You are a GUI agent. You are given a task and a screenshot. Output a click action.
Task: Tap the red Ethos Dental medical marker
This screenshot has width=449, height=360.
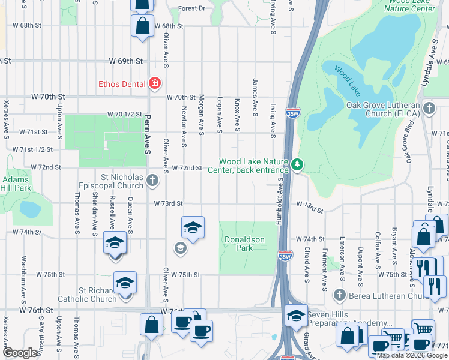coord(154,83)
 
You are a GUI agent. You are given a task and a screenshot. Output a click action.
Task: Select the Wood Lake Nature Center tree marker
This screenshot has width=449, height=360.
coord(296,164)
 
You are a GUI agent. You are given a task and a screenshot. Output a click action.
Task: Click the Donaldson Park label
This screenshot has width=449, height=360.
coord(244,244)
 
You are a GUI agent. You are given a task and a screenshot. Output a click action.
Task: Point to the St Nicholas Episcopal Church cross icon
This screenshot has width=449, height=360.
coord(152,180)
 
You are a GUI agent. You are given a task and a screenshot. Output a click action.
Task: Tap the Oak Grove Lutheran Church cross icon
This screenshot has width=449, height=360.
coord(429,109)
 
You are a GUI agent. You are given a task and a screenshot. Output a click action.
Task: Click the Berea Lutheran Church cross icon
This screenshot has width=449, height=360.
coord(340,295)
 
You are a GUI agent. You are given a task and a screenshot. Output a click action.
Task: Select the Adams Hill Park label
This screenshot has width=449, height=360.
coord(16,184)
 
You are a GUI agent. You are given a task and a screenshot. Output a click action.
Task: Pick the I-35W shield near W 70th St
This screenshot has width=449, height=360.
coord(291,113)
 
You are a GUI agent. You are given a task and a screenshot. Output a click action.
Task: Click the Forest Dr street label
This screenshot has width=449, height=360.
coord(192,9)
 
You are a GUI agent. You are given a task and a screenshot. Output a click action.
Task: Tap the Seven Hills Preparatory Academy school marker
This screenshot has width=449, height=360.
coord(297,316)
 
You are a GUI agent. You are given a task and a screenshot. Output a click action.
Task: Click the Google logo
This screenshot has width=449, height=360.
coord(20,353)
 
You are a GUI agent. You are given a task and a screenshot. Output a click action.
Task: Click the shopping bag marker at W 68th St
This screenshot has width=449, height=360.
coord(143,27)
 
